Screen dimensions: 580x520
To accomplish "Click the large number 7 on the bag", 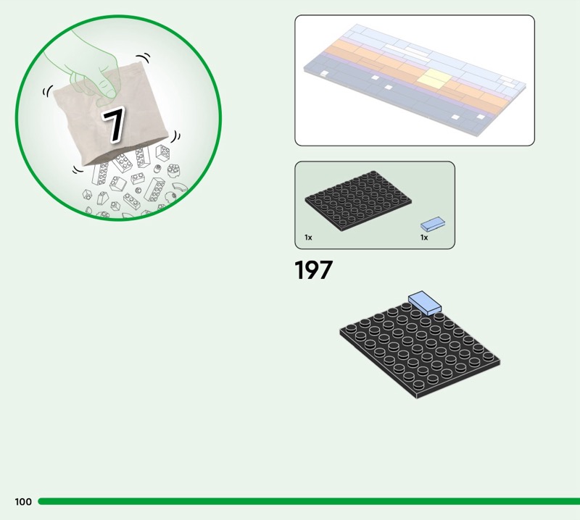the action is click(115, 125).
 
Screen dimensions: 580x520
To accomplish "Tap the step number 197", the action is click(313, 270).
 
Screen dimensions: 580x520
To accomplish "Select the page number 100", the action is click(23, 501).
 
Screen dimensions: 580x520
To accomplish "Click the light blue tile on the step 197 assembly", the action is click(425, 303).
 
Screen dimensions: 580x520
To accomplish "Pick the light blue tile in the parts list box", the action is click(433, 224).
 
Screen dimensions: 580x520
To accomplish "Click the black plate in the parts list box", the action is click(358, 201).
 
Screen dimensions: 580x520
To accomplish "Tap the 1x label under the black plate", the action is click(308, 238).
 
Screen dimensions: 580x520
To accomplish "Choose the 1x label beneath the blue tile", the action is click(424, 238).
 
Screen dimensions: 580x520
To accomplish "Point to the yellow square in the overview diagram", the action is click(434, 79).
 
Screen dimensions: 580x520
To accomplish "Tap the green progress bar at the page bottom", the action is click(309, 501).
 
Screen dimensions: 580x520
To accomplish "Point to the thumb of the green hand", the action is click(107, 93).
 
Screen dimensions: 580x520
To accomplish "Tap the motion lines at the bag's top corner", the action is click(144, 58).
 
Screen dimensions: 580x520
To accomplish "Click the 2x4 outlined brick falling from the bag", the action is click(154, 189).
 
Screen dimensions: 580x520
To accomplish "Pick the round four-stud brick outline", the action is click(173, 170).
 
